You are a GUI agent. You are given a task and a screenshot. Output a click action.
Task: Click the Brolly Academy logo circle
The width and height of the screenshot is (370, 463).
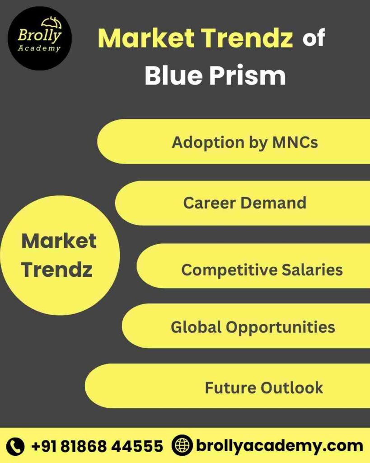(x=39, y=38)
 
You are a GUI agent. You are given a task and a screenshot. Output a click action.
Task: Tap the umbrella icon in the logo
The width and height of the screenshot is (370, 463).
(x=51, y=23)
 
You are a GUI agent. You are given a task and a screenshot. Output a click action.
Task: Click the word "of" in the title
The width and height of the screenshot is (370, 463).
(x=314, y=39)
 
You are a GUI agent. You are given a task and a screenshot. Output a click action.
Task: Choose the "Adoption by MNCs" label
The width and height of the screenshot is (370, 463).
(x=244, y=142)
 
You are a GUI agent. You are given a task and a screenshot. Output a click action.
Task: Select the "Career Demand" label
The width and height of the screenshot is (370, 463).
(x=244, y=203)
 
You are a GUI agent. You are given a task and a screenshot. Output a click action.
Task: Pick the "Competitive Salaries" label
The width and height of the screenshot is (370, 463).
(x=262, y=270)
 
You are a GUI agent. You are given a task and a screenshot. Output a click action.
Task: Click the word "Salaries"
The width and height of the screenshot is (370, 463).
(x=312, y=270)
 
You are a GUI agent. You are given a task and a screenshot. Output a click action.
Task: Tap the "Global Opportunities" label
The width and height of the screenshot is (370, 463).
(x=253, y=326)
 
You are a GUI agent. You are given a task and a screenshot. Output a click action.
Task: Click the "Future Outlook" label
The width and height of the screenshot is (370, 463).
(x=264, y=387)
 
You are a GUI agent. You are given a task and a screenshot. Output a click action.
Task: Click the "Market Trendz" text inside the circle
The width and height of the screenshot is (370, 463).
(x=58, y=255)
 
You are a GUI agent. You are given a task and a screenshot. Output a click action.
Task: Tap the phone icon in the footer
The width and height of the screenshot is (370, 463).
(x=16, y=446)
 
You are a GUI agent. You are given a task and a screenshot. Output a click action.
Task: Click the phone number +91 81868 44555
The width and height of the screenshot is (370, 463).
(x=97, y=446)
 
